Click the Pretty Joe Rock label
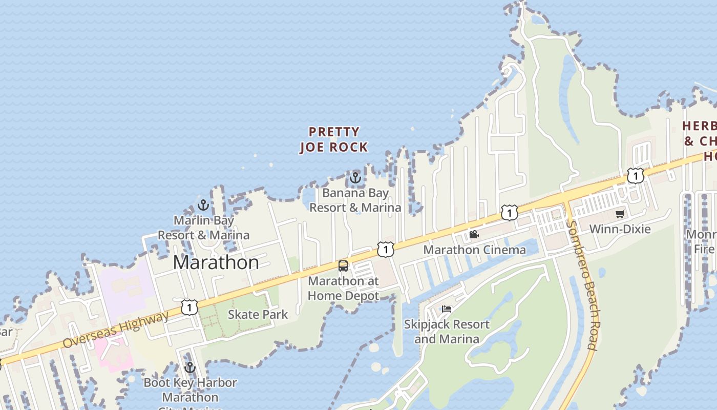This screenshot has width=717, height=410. pyautogui.click(x=334, y=139)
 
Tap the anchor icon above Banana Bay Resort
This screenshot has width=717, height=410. pyautogui.click(x=355, y=178)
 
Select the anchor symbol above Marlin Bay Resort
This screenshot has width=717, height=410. pyautogui.click(x=203, y=205)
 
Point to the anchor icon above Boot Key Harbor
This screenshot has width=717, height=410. pyautogui.click(x=190, y=367)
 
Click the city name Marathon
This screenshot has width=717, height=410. pyautogui.click(x=216, y=262)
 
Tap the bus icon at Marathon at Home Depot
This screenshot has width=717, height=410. pyautogui.click(x=343, y=266)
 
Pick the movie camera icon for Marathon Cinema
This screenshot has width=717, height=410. pyautogui.click(x=474, y=235)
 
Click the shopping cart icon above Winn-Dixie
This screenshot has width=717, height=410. pyautogui.click(x=620, y=214)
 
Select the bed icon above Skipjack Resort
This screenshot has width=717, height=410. pyautogui.click(x=447, y=309)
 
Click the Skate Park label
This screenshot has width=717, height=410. pyautogui.click(x=258, y=314)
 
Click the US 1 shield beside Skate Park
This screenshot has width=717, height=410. pyautogui.click(x=189, y=307)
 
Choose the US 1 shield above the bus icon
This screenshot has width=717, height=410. pyautogui.click(x=385, y=250)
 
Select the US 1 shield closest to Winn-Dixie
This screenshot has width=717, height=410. pyautogui.click(x=635, y=176)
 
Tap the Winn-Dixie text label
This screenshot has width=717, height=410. pyautogui.click(x=620, y=229)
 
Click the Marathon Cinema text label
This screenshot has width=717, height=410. pyautogui.click(x=474, y=250)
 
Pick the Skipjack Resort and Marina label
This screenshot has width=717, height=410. pyautogui.click(x=447, y=332)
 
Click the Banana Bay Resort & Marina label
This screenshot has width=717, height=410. pyautogui.click(x=355, y=200)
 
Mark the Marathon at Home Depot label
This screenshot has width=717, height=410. pyautogui.click(x=343, y=288)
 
